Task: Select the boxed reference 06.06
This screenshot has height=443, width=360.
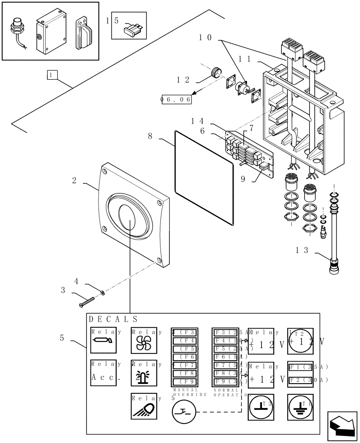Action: coord(176,100)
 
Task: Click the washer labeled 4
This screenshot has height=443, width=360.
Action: coord(102,292)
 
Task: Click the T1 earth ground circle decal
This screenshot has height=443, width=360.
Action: coord(300,406)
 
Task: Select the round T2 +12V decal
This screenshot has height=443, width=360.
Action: coord(300,342)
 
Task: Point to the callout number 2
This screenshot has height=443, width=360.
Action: coord(74,181)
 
